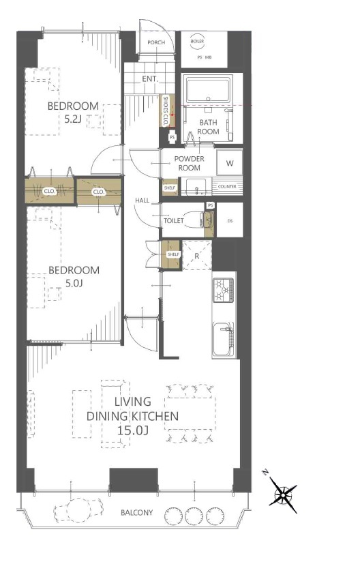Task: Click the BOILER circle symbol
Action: click(197, 41)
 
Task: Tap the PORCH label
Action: click(156, 42)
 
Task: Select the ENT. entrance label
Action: click(149, 79)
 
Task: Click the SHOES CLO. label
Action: click(166, 110)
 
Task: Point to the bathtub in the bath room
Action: click(208, 90)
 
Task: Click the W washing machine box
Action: click(230, 163)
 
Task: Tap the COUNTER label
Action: click(227, 186)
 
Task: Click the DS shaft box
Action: click(230, 220)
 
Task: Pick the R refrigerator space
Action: click(197, 256)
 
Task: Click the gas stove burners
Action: click(223, 290)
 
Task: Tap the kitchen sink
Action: click(223, 340)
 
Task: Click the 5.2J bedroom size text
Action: click(74, 119)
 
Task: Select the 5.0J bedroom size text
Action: click(74, 284)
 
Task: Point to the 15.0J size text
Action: click(133, 430)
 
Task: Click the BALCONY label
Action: click(137, 512)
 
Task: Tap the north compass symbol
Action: click(283, 494)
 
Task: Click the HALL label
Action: click(142, 201)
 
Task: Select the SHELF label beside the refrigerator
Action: click(173, 254)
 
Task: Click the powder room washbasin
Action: click(196, 186)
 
